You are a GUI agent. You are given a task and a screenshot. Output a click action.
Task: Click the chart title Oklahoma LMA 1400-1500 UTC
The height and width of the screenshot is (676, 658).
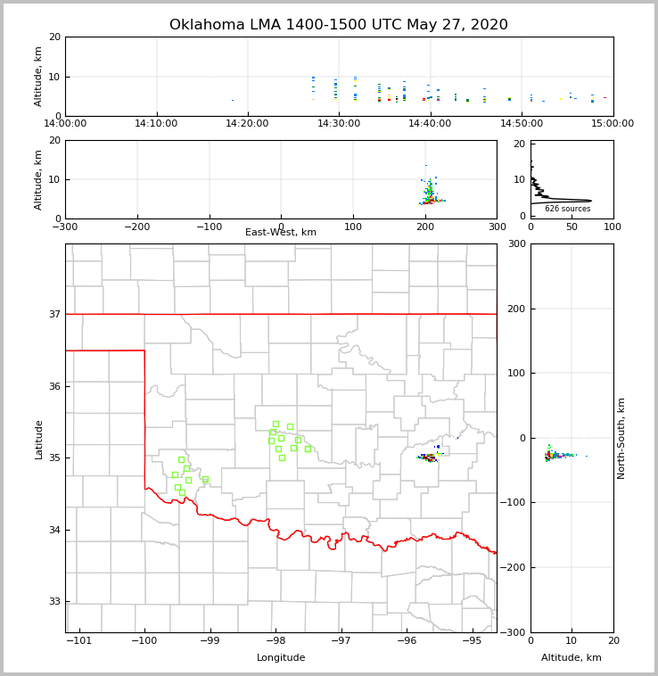tap(339, 25)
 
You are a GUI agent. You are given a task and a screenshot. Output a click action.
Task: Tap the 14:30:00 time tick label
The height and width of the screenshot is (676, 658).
tap(339, 124)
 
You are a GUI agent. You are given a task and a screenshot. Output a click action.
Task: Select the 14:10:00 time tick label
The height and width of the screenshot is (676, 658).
tap(156, 124)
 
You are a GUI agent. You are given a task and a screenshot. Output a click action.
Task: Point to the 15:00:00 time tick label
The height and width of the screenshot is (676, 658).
tap(613, 124)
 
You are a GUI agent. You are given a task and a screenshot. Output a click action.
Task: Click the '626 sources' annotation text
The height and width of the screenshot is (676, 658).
tap(567, 209)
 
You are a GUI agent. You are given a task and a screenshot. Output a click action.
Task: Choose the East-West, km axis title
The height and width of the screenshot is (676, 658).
tap(281, 233)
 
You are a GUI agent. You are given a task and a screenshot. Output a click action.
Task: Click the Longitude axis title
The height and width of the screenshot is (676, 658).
tap(281, 658)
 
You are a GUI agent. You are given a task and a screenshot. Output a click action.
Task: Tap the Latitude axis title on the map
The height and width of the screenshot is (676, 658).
tap(38, 439)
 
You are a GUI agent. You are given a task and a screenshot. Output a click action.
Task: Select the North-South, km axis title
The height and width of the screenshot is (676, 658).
tap(621, 438)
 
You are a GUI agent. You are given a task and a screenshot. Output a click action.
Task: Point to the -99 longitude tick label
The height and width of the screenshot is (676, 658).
tap(210, 641)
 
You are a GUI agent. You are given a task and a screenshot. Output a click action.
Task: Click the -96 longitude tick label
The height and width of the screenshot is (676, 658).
tap(407, 641)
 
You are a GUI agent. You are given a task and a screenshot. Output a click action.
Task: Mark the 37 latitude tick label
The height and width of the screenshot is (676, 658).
tap(53, 314)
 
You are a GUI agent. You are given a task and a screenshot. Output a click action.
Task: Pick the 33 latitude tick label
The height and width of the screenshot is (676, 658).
tap(53, 602)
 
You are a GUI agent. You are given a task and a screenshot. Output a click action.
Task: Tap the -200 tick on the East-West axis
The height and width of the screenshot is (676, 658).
tap(136, 227)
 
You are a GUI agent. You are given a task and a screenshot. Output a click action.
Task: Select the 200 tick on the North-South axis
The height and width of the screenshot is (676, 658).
tap(514, 309)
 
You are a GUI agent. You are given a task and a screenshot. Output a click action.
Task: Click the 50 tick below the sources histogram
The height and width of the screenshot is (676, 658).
tap(572, 227)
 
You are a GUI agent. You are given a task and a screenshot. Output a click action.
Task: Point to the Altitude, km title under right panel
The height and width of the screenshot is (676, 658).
tap(572, 658)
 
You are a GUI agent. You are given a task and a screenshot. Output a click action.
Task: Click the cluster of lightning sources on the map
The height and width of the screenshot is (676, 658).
tap(429, 457)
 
